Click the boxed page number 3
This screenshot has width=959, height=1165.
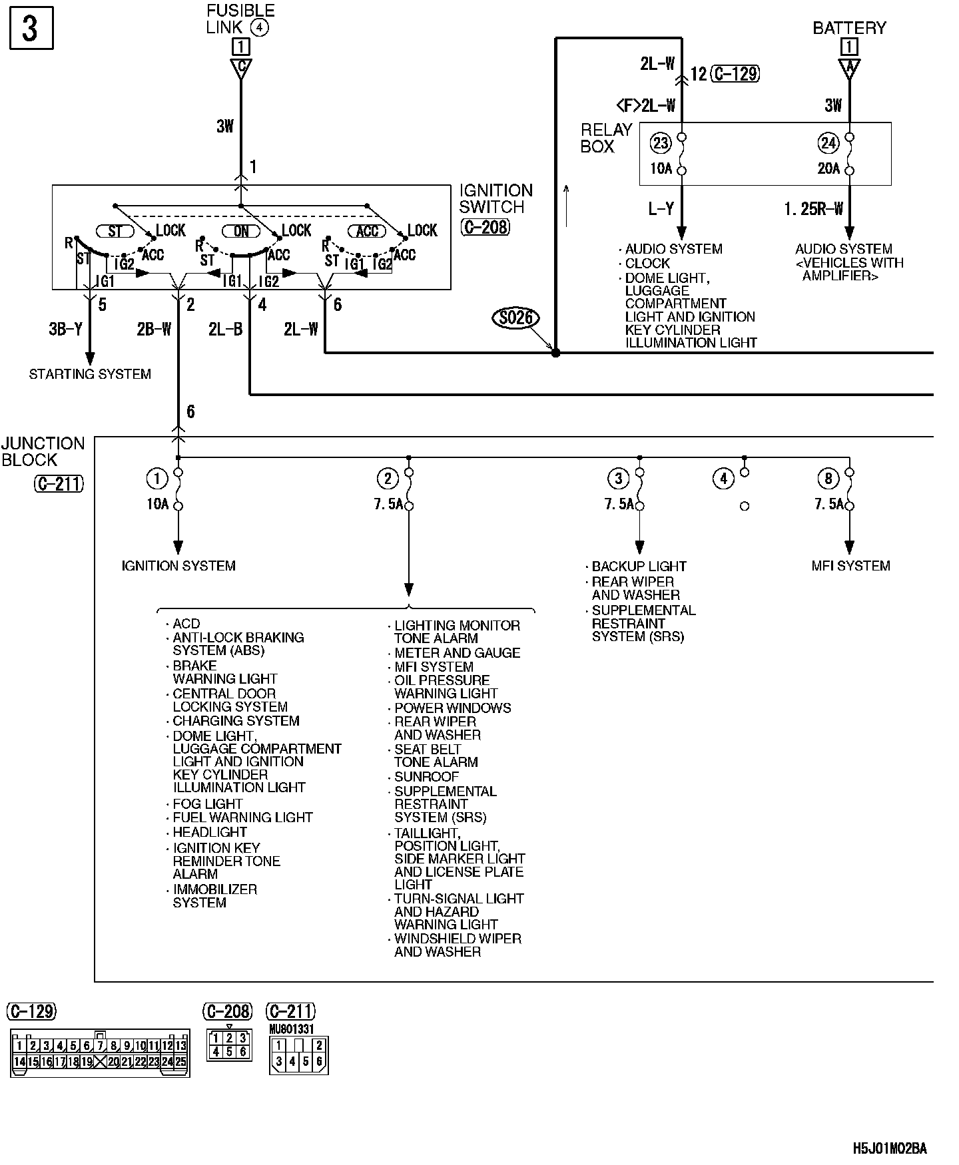coord(31,29)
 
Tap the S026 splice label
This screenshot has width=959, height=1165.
coord(516,318)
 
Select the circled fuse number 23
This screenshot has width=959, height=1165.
coord(661,142)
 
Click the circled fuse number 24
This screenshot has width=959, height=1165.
coord(828,142)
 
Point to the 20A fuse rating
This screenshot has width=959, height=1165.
coord(829,169)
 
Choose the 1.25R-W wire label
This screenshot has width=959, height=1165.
coord(813,209)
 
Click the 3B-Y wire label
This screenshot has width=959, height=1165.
coord(65,329)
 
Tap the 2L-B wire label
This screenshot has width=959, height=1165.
coord(225,329)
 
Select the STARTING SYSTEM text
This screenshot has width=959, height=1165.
coord(90,374)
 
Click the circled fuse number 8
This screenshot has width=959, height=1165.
coord(828,478)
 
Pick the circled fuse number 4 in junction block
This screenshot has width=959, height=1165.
coord(723,478)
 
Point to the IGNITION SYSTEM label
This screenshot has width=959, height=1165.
coord(178,566)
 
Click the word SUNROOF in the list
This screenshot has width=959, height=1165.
coord(426,777)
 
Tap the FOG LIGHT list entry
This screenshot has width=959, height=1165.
coord(207,804)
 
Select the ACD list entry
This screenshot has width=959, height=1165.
coord(186,624)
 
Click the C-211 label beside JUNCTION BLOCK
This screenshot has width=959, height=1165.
coord(59,483)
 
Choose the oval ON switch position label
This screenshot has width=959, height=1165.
coord(241,231)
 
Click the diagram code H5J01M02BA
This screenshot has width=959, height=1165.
coord(889,1148)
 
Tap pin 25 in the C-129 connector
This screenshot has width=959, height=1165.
coord(180,1062)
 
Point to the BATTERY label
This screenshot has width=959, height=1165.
coord(849,28)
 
